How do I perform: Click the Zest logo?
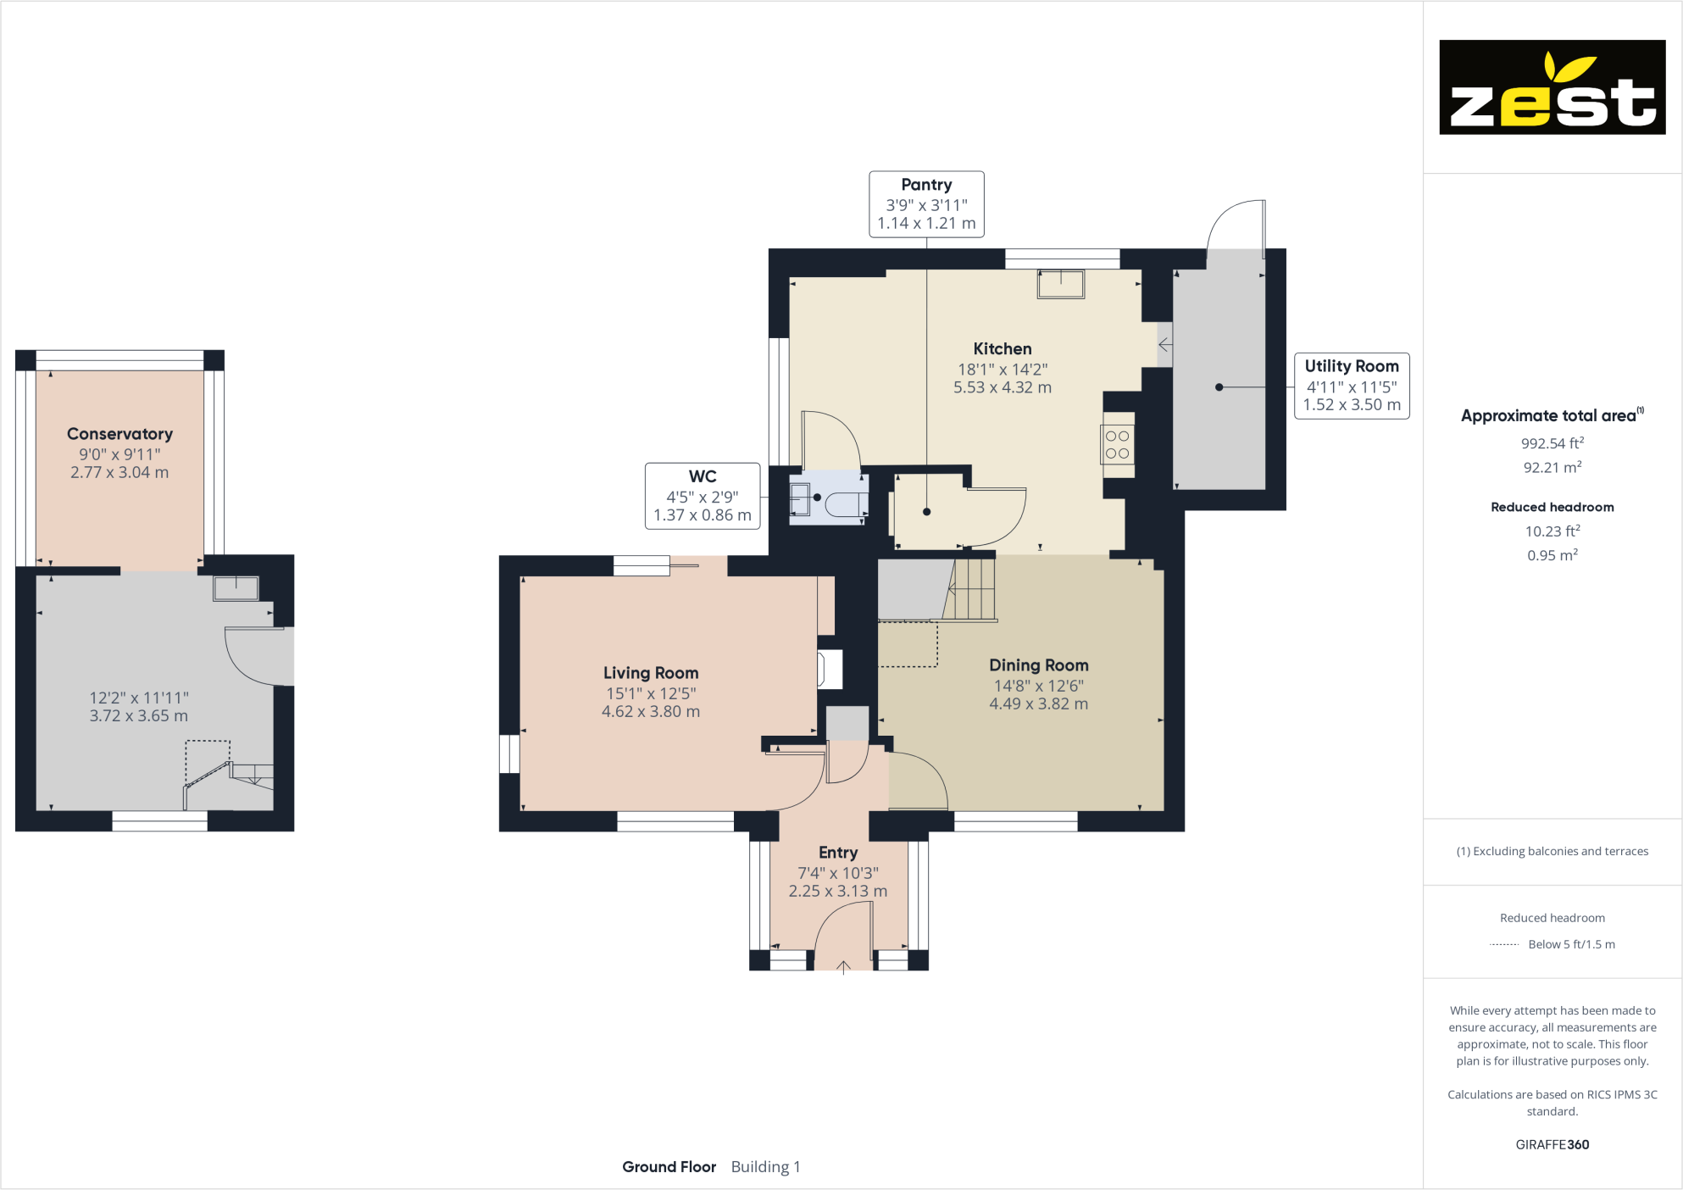tap(1552, 87)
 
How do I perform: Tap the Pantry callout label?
tap(926, 203)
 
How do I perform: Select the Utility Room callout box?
tap(1351, 386)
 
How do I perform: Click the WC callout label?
tap(703, 496)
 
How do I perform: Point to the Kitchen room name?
tap(1002, 348)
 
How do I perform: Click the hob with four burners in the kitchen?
tap(1117, 444)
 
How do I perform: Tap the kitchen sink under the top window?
tap(1061, 283)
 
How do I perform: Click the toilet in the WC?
tap(844, 503)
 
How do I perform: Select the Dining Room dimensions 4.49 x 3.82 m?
tap(1038, 703)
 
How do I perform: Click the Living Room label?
tap(651, 672)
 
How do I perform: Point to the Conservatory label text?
tap(119, 434)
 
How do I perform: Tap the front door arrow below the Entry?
tap(843, 967)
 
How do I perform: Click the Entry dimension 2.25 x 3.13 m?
tap(837, 891)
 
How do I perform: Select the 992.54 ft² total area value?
tap(1552, 443)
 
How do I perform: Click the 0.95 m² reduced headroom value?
tap(1552, 555)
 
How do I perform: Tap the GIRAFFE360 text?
tap(1552, 1144)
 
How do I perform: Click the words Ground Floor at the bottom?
tap(669, 1166)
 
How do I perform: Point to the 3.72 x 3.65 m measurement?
tap(139, 715)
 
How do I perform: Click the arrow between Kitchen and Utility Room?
tap(1165, 344)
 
